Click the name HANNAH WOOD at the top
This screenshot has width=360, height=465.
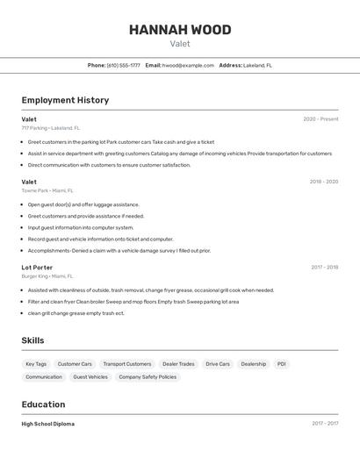[x=180, y=30]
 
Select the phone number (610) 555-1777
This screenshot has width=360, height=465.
[x=123, y=65]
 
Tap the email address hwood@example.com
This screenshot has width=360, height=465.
[x=188, y=65]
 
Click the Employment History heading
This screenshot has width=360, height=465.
[x=65, y=100]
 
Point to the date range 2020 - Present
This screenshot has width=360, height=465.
[x=320, y=119]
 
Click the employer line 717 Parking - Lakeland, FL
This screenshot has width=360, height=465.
[x=50, y=128]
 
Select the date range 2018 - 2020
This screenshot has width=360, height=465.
[x=323, y=182]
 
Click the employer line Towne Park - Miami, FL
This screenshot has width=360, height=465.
[x=47, y=190]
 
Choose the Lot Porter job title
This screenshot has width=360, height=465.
[x=37, y=268]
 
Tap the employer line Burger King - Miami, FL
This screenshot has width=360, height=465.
[x=47, y=276]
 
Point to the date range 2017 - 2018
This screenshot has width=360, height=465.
[x=324, y=268]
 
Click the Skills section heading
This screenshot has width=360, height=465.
[x=32, y=340]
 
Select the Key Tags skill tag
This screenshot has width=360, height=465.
[x=36, y=364]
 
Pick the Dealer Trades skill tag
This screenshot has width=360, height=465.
[x=178, y=364]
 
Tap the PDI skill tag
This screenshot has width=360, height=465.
[x=281, y=364]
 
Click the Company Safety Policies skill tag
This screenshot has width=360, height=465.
[x=148, y=377]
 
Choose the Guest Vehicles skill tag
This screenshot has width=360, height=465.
[x=90, y=377]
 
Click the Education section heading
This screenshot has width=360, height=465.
[x=43, y=404]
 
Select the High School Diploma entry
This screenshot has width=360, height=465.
[x=47, y=424]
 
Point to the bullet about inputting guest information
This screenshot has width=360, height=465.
[x=81, y=227]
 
